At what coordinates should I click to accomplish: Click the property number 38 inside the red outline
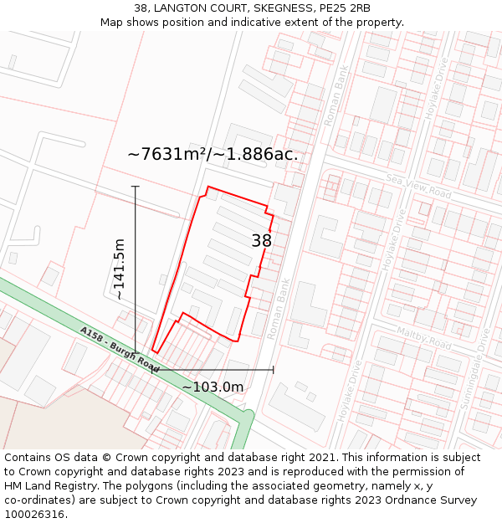(262, 241)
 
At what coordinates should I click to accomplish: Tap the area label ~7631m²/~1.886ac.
(213, 154)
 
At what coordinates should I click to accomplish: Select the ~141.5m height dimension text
(119, 269)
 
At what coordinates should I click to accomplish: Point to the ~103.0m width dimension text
(213, 387)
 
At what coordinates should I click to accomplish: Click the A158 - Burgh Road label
(120, 349)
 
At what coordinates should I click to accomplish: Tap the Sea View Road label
(417, 187)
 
